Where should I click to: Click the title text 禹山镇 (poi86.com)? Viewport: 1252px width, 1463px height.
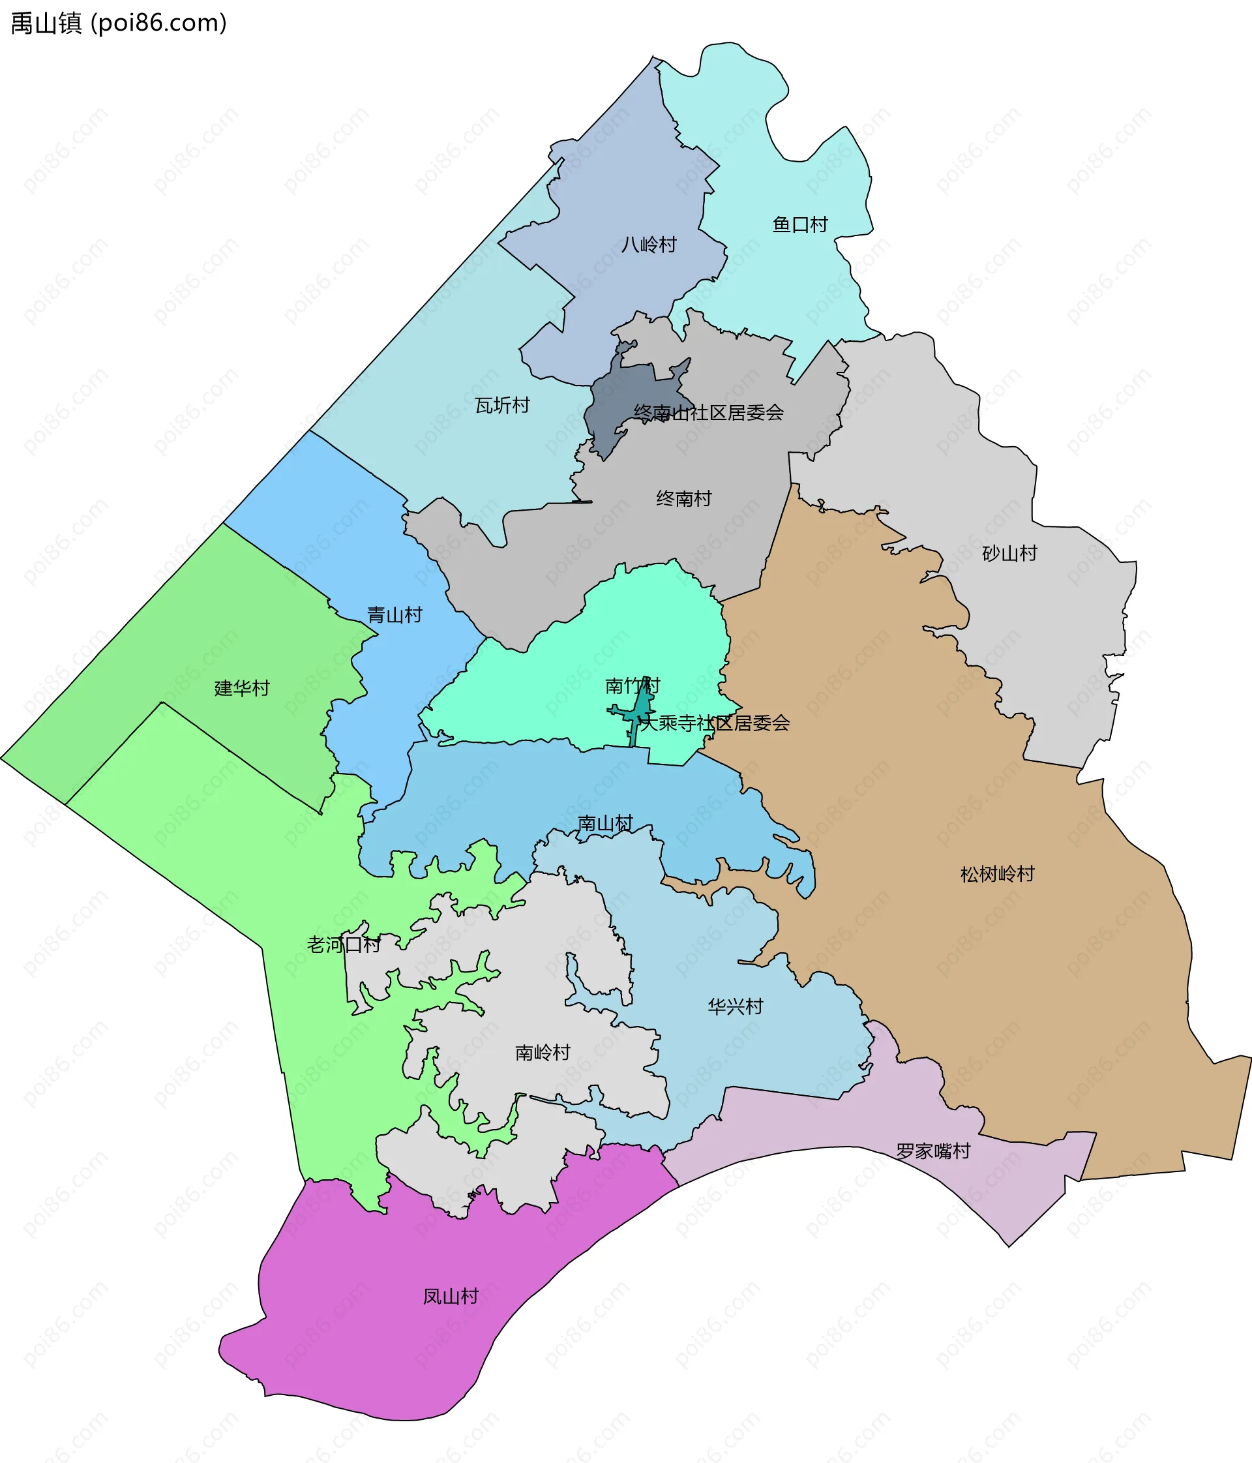pyautogui.click(x=119, y=23)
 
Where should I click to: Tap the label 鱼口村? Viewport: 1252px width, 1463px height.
pyautogui.click(x=799, y=224)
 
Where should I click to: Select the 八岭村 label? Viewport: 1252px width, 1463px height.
pyautogui.click(x=649, y=245)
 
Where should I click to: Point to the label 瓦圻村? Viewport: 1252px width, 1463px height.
pyautogui.click(x=502, y=405)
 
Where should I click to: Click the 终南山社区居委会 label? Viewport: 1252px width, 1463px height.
pyautogui.click(x=708, y=412)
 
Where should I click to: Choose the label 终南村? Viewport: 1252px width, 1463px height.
pyautogui.click(x=683, y=498)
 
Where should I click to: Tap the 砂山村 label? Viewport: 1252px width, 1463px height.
pyautogui.click(x=1009, y=553)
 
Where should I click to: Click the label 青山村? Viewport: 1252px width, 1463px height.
pyautogui.click(x=394, y=614)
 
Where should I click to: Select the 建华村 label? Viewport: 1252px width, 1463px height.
pyautogui.click(x=242, y=687)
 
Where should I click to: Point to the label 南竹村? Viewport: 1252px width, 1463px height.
pyautogui.click(x=633, y=685)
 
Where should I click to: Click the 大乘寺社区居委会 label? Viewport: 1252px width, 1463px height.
pyautogui.click(x=714, y=722)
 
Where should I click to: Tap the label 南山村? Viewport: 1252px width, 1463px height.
pyautogui.click(x=605, y=822)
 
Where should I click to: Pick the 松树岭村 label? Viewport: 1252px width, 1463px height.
pyautogui.click(x=996, y=874)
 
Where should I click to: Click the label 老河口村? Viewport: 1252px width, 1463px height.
pyautogui.click(x=344, y=944)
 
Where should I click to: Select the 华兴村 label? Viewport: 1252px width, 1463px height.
pyautogui.click(x=736, y=1006)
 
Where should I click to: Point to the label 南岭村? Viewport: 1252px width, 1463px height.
pyautogui.click(x=542, y=1053)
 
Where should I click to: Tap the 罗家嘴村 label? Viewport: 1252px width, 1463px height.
pyautogui.click(x=933, y=1151)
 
